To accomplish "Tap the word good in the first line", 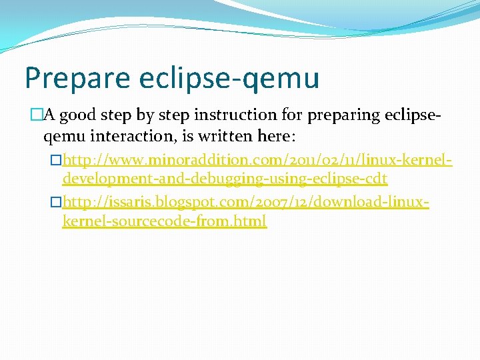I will coord(77,115).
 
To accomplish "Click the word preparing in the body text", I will coord(345,115).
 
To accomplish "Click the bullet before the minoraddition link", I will coord(57,161).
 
